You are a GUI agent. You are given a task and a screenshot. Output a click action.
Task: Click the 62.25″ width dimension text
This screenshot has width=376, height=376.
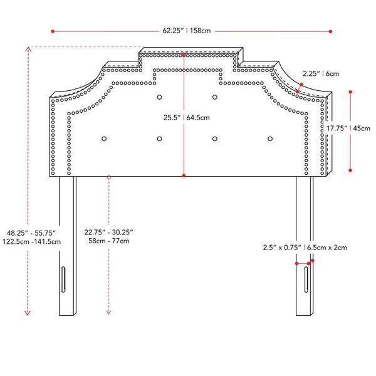coord(173,31)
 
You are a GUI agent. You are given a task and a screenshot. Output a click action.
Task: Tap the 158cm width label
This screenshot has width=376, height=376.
coord(201,31)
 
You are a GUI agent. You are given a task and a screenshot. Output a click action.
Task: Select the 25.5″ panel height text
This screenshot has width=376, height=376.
coord(172,118)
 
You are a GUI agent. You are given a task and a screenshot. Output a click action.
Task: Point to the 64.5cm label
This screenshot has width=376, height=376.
coord(198,118)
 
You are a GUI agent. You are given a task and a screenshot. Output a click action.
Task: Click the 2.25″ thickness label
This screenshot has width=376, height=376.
coord(311,73)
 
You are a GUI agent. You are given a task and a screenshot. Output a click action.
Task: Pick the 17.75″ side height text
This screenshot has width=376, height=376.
coord(337,128)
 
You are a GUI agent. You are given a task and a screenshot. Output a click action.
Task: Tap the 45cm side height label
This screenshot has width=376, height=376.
coord(362,128)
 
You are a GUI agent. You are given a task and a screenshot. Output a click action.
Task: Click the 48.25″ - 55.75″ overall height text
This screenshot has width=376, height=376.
coord(31,233)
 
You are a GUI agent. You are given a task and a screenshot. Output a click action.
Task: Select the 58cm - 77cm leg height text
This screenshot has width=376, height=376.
coord(109,241)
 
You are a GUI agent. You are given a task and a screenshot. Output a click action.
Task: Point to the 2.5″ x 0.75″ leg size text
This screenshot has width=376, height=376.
coord(282,248)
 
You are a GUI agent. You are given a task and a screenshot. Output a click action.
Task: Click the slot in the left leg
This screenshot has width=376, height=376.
coord(63,279)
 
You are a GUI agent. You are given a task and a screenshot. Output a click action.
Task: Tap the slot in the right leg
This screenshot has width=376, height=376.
coord(306,279)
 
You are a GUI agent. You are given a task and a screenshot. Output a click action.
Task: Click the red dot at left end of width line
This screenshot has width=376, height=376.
coord(53,31)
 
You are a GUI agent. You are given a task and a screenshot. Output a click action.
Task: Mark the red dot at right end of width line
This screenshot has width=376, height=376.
coord(330,31)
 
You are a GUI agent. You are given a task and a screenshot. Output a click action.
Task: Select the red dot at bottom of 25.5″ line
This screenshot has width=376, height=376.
coord(184,175)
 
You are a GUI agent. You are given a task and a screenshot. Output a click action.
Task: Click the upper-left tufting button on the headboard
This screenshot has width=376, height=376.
coord(159,97)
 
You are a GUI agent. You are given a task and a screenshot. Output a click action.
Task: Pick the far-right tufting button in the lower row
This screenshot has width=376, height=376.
coord(270,139)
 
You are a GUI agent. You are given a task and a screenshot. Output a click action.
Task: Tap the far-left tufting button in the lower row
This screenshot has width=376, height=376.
coord(104,139)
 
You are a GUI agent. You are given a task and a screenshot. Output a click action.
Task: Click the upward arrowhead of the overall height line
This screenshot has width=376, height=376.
coord(28,49)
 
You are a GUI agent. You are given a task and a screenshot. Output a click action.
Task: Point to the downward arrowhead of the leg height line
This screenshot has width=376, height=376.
coord(108,312)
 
